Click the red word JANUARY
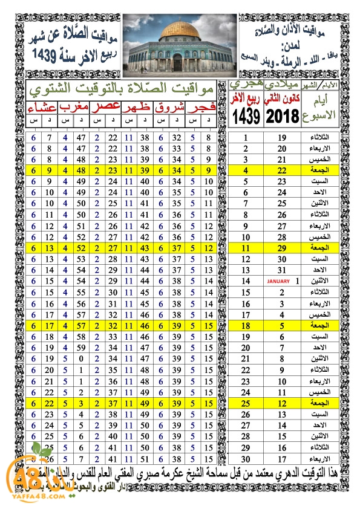click(x=279, y=281)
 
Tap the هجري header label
click(x=247, y=85)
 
